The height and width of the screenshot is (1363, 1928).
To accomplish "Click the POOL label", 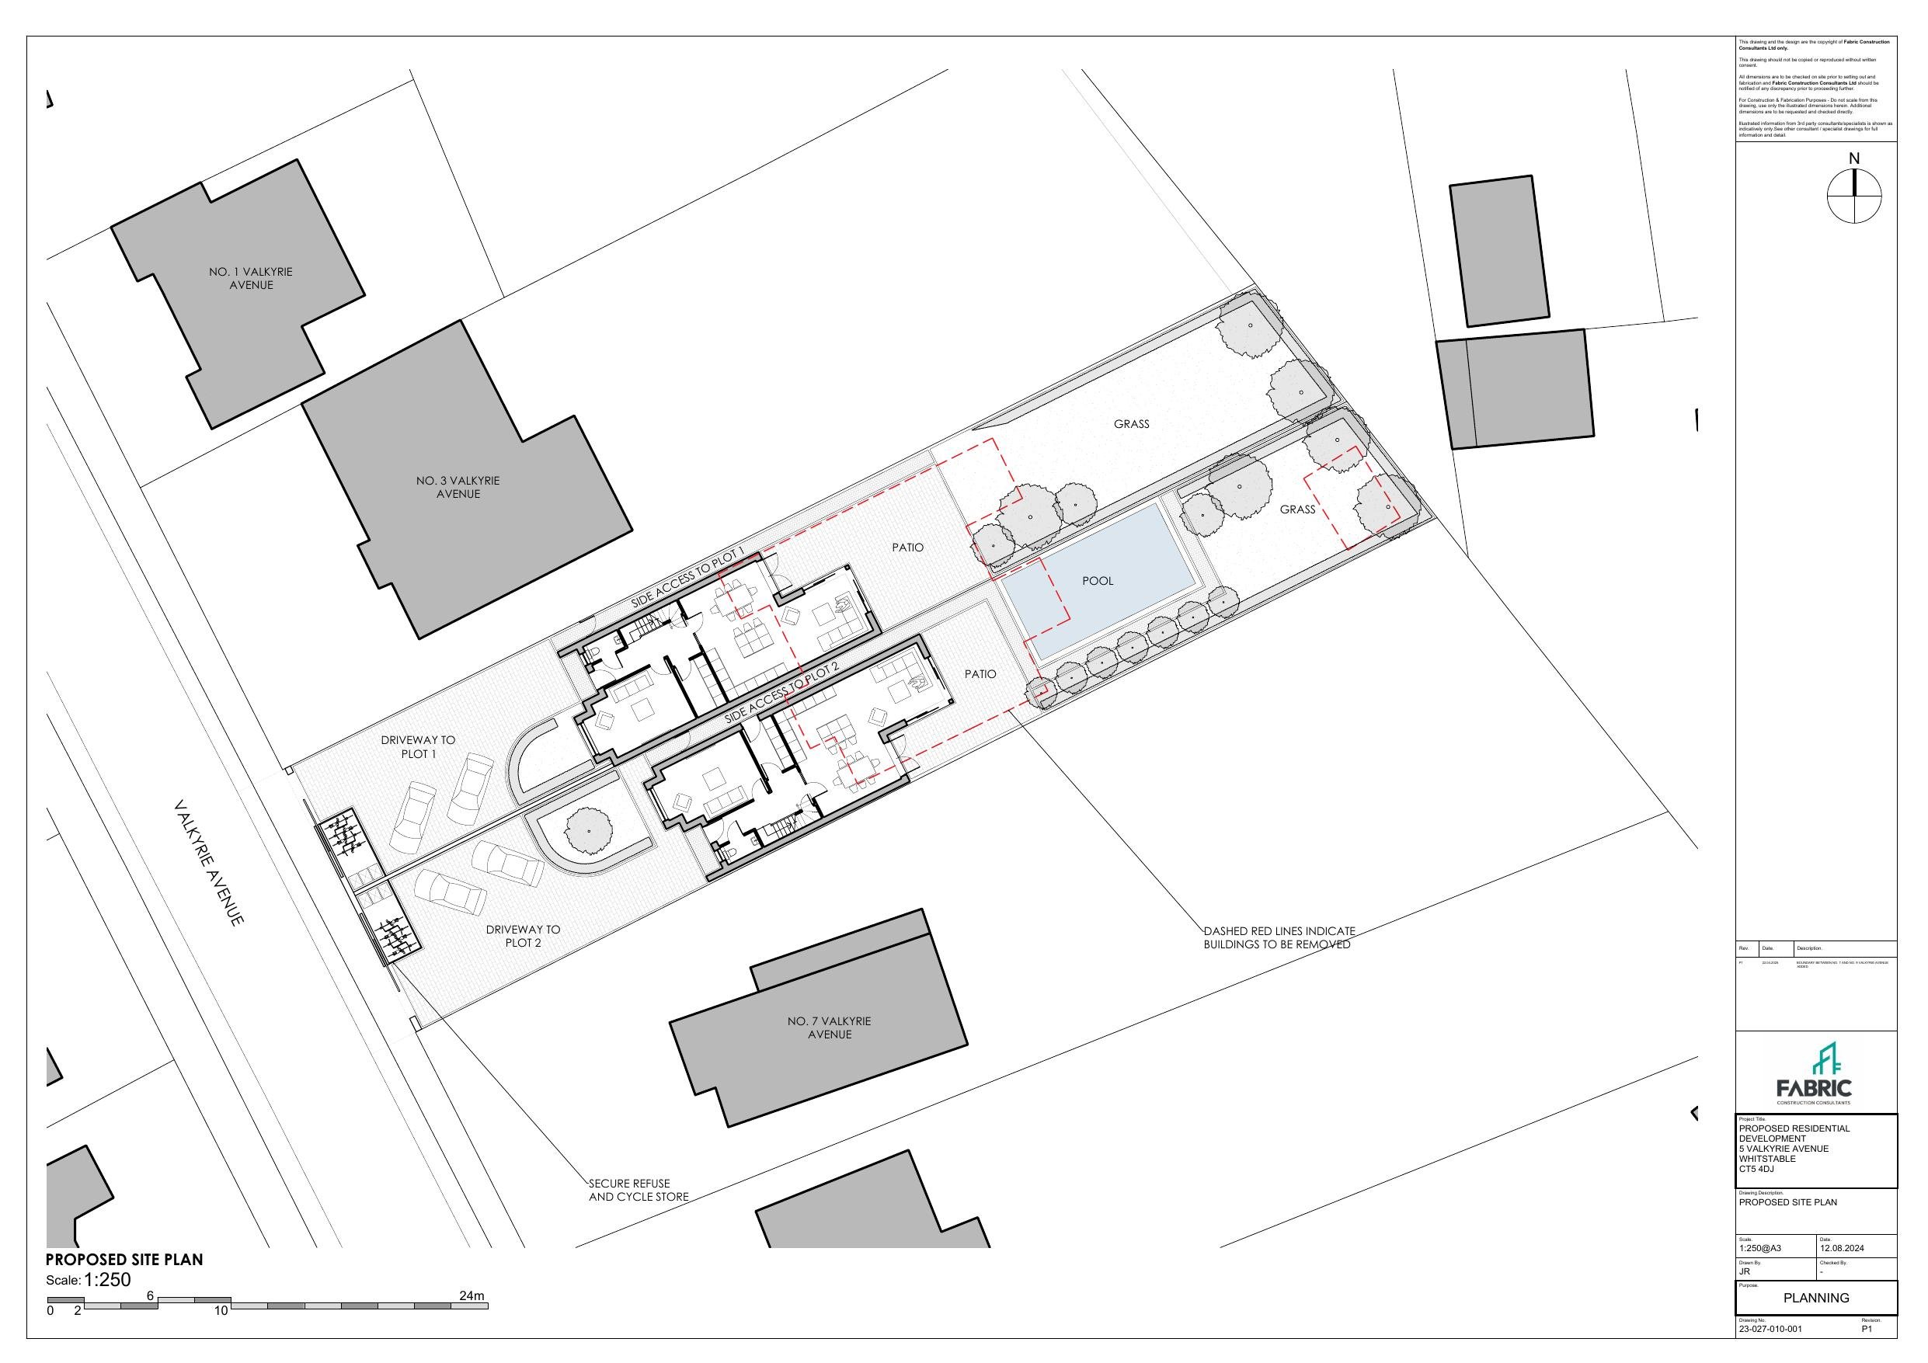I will point(1098,581).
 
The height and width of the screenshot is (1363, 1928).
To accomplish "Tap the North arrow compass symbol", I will point(1854,195).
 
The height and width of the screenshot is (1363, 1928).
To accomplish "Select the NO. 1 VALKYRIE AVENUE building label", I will point(250,279).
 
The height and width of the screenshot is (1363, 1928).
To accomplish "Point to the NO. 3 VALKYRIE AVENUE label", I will point(458,487).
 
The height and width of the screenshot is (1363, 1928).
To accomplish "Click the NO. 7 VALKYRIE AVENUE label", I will point(829,1028).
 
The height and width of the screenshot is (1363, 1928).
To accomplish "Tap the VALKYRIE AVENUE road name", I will point(209,864).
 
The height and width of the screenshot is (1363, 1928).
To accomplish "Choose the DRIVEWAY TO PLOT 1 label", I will point(418,746).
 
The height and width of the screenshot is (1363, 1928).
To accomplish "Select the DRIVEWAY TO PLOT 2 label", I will point(522,936).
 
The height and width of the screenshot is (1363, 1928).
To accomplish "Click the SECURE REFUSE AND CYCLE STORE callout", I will point(639,1190).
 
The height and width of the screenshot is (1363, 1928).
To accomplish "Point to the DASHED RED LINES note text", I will point(1279,938).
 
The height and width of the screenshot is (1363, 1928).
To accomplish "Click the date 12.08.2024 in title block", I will point(1842,1248).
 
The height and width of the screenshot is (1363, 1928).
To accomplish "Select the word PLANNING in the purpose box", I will point(1815,1298).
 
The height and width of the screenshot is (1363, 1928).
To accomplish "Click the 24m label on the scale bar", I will point(472,1295).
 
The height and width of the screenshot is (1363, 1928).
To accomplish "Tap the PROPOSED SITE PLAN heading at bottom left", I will point(124,1260).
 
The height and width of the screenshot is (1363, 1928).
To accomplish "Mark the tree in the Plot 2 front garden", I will point(588,830).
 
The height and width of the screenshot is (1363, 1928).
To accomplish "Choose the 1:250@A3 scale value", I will point(1759,1248).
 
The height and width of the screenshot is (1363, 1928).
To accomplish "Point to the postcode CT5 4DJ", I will point(1756,1169).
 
